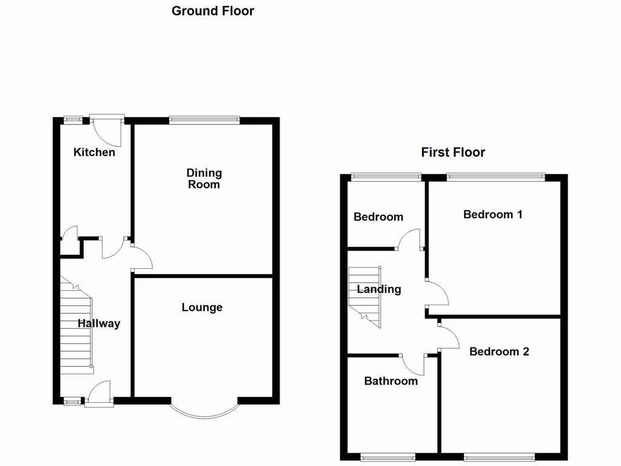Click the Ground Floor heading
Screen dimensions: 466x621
pos(213,11)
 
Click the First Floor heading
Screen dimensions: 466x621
pos(453,152)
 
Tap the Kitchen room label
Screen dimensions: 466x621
pos(94,152)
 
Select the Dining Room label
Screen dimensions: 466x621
pos(204,179)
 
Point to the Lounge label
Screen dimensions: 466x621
pos(202,308)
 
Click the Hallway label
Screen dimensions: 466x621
pos(99,324)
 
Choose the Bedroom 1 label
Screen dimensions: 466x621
pos(492,214)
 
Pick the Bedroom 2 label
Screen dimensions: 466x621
pos(499,351)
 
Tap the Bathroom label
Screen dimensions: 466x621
pos(391,381)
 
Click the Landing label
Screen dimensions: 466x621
pos(379,289)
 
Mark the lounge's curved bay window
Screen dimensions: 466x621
pos(204,411)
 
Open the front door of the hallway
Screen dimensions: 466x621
pos(99,393)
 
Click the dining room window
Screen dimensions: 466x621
pos(204,120)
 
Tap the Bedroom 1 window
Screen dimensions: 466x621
pos(495,177)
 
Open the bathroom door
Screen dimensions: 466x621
pos(414,363)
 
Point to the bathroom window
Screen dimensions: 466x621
pos(388,456)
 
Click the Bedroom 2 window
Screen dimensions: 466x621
pos(500,456)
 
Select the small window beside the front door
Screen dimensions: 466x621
pos(73,400)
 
